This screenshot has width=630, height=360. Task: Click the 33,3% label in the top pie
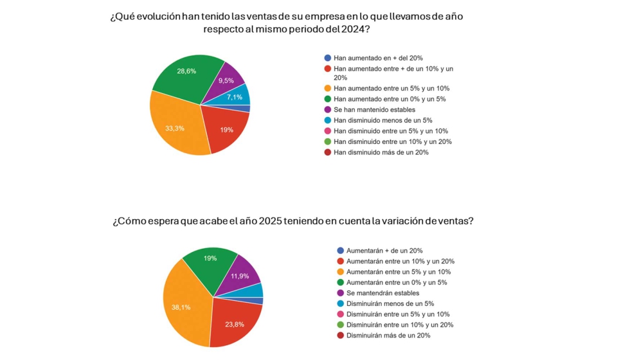(x=175, y=129)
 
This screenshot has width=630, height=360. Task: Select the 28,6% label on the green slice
(x=186, y=71)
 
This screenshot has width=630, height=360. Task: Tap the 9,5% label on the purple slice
(x=226, y=81)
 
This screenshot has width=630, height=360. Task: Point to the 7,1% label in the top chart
(x=234, y=97)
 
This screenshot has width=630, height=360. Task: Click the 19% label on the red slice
(x=226, y=130)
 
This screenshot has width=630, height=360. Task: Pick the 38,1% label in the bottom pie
(x=181, y=307)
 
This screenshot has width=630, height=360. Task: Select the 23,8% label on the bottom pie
(x=234, y=325)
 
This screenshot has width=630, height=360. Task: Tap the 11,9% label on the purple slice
(x=239, y=276)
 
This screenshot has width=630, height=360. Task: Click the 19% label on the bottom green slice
(x=210, y=258)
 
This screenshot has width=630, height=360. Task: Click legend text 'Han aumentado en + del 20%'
(x=378, y=58)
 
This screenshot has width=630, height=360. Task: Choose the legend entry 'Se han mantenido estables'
(x=374, y=110)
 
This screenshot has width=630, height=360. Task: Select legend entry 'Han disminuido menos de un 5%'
(x=382, y=120)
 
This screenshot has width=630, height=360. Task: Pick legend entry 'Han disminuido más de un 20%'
(x=381, y=152)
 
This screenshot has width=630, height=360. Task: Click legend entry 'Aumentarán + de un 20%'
(x=384, y=251)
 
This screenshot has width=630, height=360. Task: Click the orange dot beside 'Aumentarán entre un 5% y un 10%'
(x=340, y=272)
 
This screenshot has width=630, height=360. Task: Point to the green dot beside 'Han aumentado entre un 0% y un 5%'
(x=328, y=99)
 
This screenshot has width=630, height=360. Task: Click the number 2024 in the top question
(x=351, y=30)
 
